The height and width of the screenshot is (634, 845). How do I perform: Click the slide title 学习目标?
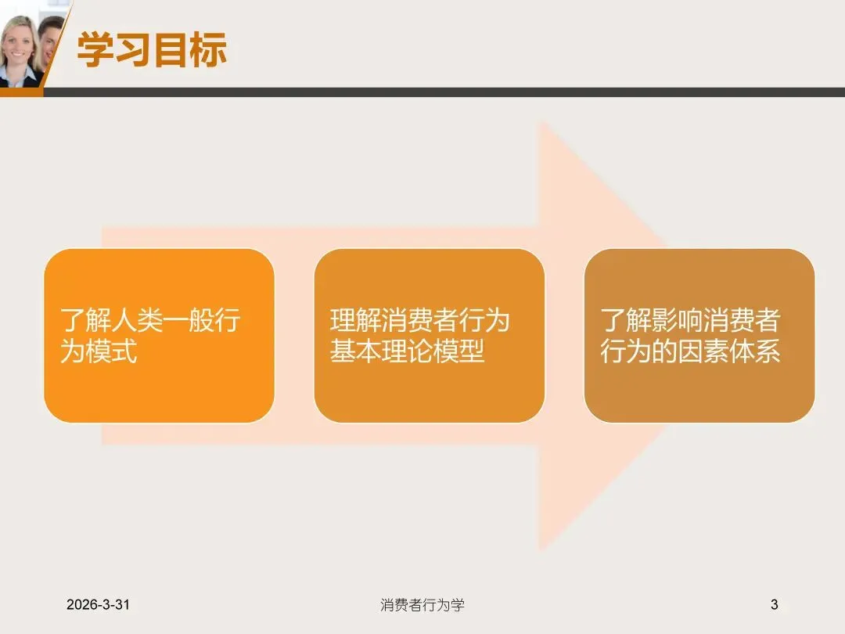[152, 50]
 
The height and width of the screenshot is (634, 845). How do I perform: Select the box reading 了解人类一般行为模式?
[159, 335]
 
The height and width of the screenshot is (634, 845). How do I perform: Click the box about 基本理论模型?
[429, 335]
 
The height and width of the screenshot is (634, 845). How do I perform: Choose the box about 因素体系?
[699, 335]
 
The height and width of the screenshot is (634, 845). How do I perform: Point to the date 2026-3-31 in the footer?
[98, 604]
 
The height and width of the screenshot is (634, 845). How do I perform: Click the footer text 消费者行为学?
[422, 604]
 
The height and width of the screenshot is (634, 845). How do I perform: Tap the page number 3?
[775, 604]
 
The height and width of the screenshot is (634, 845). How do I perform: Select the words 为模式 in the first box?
[99, 351]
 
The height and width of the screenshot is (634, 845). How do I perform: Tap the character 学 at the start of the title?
[95, 50]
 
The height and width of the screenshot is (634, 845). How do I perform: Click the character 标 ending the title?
[208, 50]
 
